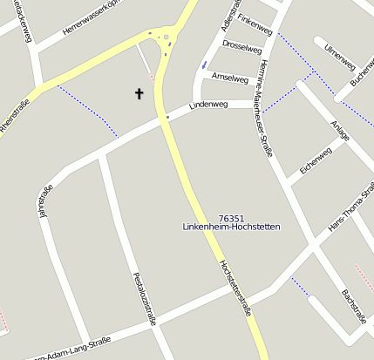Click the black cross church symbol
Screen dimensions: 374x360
coord(139,93)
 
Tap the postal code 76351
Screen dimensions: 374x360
coord(231,218)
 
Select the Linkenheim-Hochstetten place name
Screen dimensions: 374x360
coord(231,228)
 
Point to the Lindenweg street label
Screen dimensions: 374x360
coord(207,105)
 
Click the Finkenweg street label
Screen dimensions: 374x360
coord(255,18)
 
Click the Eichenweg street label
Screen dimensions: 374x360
coord(316,160)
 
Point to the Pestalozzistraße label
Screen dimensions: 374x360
coord(144,298)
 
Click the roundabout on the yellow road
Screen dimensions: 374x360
coord(167,37)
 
